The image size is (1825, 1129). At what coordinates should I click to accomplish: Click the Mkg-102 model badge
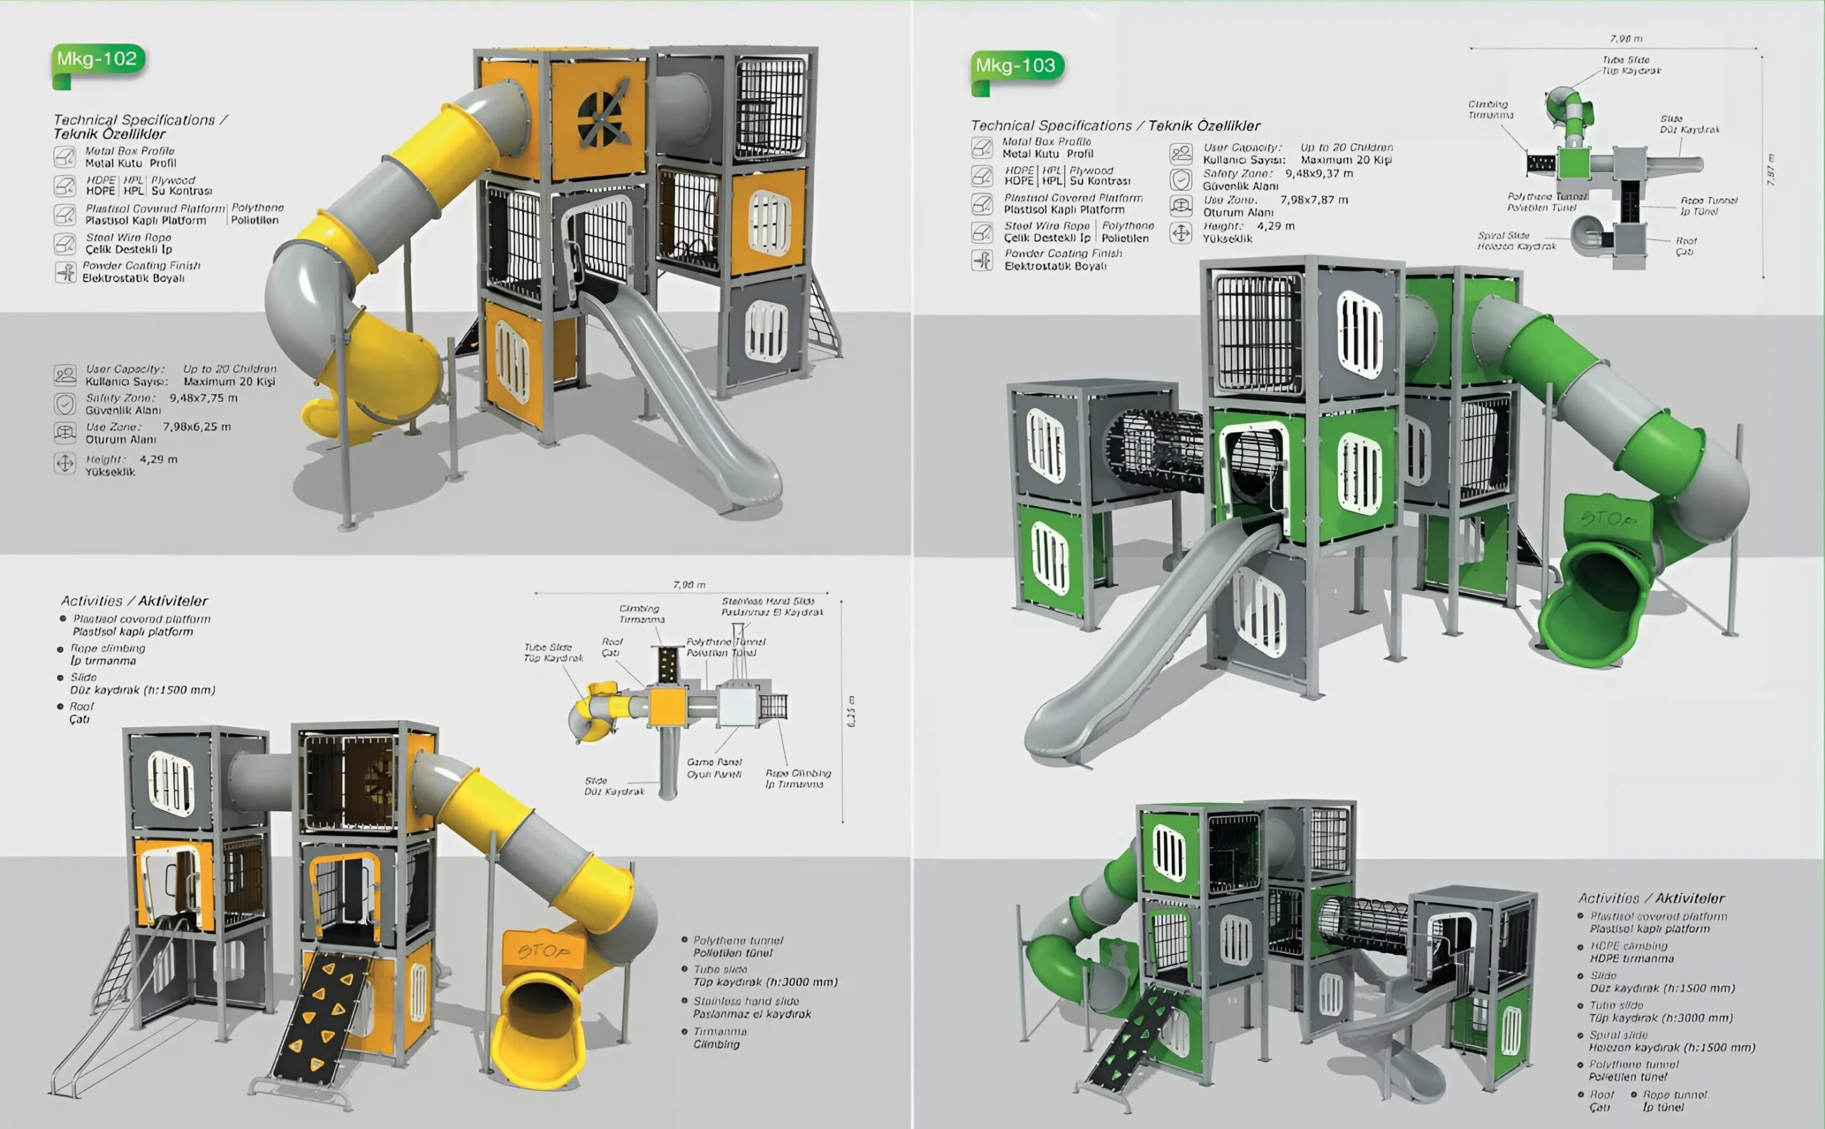pyautogui.click(x=97, y=59)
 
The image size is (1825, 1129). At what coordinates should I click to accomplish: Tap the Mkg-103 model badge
pyautogui.click(x=1016, y=66)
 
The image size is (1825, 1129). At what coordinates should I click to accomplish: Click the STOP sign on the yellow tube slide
pyautogui.click(x=544, y=952)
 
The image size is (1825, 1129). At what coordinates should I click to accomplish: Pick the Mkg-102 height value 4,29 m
pyautogui.click(x=158, y=459)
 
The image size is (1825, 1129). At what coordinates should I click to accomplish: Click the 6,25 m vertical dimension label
pyautogui.click(x=852, y=711)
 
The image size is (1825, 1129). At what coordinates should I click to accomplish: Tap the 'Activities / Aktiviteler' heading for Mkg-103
pyautogui.click(x=1651, y=898)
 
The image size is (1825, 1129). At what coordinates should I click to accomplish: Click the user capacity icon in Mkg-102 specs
pyautogui.click(x=65, y=375)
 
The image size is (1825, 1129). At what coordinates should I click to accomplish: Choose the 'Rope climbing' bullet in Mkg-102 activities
pyautogui.click(x=108, y=654)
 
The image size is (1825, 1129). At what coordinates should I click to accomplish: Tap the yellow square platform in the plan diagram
pyautogui.click(x=667, y=707)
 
